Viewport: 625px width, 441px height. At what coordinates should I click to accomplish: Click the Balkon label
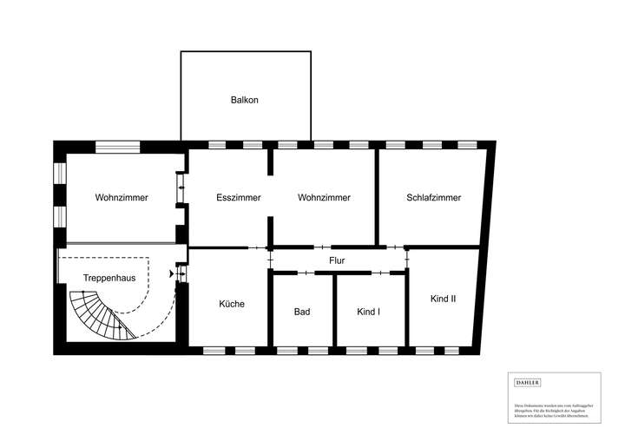click(244, 100)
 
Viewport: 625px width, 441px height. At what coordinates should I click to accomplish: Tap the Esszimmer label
click(238, 198)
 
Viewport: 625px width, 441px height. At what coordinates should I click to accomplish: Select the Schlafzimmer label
click(433, 198)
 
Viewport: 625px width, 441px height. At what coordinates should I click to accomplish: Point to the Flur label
click(337, 260)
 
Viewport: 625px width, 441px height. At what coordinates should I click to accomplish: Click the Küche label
click(231, 305)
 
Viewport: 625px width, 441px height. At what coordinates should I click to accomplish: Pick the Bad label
click(302, 312)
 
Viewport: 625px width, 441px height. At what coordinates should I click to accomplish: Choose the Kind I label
click(368, 312)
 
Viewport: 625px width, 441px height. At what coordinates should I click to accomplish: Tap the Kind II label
click(443, 299)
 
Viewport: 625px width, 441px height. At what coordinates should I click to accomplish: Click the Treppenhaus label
click(108, 278)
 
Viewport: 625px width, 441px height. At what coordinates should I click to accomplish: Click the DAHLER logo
click(528, 383)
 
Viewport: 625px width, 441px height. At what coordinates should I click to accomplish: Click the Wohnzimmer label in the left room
click(122, 198)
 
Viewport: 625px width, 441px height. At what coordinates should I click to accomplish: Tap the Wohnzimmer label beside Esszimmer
click(324, 198)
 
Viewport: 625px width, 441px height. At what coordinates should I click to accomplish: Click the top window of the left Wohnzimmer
click(118, 146)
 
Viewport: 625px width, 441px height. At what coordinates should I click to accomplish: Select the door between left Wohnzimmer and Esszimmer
click(181, 188)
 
